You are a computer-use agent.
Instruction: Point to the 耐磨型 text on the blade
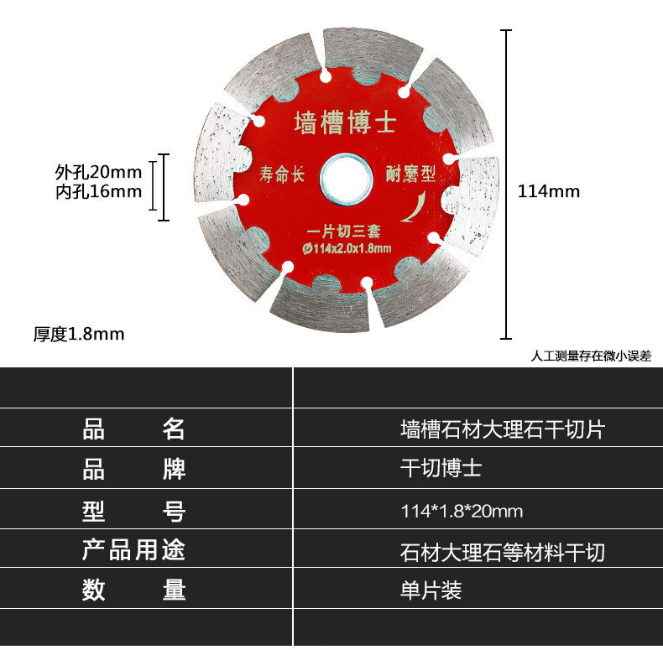(412, 174)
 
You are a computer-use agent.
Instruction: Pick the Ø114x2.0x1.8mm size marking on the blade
(346, 247)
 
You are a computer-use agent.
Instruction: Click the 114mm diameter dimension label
(549, 191)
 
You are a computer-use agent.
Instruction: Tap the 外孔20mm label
(98, 172)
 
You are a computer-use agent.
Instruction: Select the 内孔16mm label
(98, 192)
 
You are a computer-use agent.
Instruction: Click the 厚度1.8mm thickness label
(79, 334)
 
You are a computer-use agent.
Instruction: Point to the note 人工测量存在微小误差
(591, 356)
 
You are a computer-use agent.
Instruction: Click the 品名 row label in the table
(134, 429)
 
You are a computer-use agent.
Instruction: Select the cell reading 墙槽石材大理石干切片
(502, 430)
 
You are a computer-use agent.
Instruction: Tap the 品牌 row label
(134, 469)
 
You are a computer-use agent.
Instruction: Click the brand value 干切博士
(441, 469)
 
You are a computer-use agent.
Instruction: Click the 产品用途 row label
(134, 551)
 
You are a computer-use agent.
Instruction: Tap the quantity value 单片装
(431, 591)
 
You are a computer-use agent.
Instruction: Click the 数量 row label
(134, 590)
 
